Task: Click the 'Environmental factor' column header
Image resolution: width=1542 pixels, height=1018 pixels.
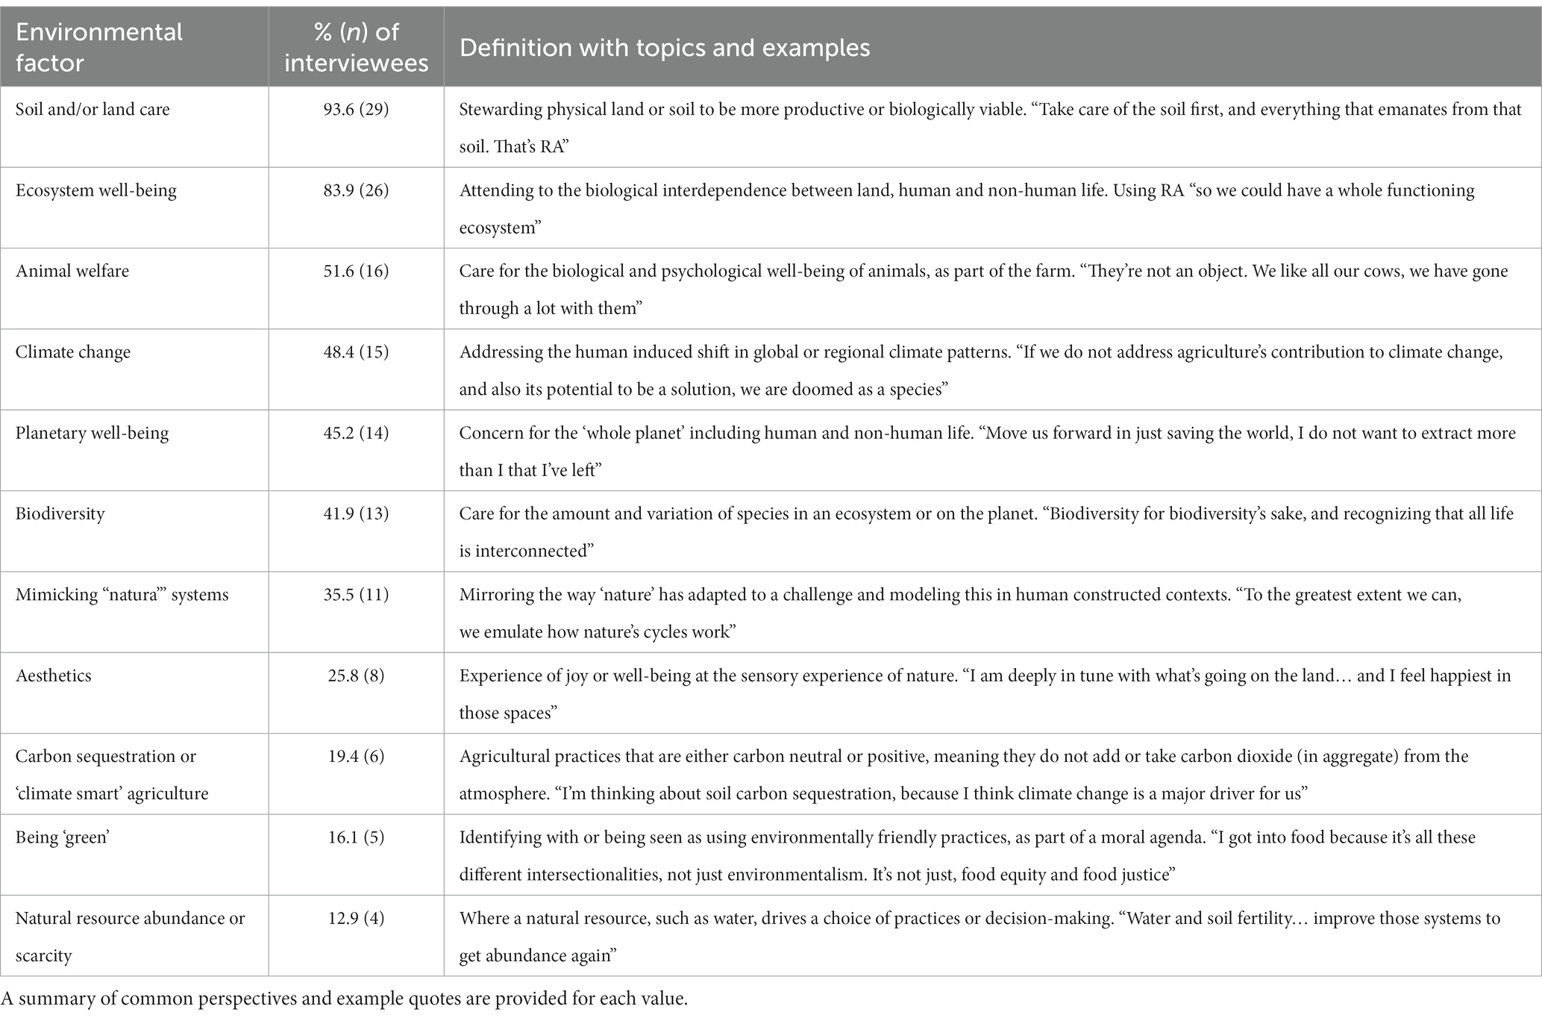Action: click(98, 47)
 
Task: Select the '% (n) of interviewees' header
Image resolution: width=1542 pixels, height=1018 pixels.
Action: click(356, 47)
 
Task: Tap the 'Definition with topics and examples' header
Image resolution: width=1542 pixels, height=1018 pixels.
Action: click(664, 48)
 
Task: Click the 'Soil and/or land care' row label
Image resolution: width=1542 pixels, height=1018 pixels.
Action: click(93, 109)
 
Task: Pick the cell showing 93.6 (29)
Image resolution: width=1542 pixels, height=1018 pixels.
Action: click(356, 109)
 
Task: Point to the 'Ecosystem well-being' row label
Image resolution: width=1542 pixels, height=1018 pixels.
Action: click(96, 190)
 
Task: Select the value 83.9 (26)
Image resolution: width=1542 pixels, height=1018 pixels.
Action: click(356, 190)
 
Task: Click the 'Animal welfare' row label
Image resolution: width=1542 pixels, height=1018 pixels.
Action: click(72, 271)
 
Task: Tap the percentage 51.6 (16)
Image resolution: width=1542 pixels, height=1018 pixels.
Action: click(356, 271)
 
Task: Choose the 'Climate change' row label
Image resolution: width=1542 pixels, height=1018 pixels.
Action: click(73, 352)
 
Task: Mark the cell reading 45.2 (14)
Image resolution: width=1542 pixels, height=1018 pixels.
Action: click(356, 433)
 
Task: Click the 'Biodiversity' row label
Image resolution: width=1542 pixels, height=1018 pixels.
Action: click(60, 513)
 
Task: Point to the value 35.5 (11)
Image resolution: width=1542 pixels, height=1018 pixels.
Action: click(356, 595)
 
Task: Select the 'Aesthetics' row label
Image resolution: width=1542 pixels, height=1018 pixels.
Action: click(54, 675)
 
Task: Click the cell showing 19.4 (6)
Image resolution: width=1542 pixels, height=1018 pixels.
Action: click(356, 756)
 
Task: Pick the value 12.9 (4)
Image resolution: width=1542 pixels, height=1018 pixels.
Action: click(356, 918)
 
